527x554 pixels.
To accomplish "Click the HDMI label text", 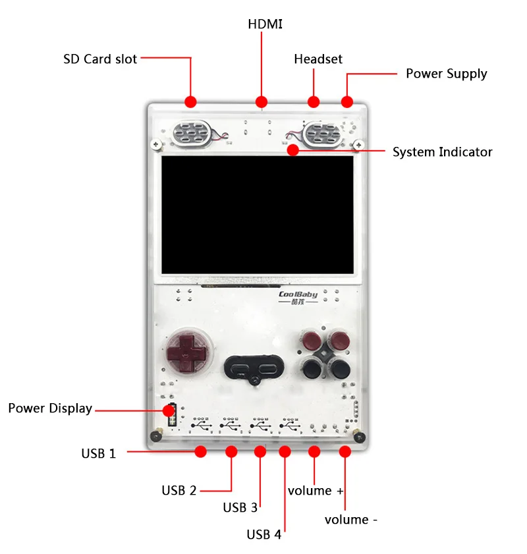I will (x=265, y=24).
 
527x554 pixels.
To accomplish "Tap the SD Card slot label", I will (x=100, y=59).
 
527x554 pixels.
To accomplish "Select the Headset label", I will (x=318, y=59).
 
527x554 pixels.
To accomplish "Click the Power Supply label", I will (x=446, y=74).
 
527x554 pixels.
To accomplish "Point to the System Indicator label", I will (x=442, y=152).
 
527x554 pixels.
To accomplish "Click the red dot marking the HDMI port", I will (x=262, y=102).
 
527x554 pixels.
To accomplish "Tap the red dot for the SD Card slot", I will (x=191, y=102).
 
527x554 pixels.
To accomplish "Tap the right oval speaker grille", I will (x=323, y=135).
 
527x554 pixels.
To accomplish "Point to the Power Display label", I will (x=50, y=408).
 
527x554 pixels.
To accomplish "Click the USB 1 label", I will (x=99, y=453).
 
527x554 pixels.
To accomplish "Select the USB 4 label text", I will (x=263, y=535).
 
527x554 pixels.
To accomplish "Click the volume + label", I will (x=316, y=491).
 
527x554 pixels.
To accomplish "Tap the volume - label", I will (x=351, y=520).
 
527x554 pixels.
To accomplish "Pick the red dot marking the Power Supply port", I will (x=347, y=102).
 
